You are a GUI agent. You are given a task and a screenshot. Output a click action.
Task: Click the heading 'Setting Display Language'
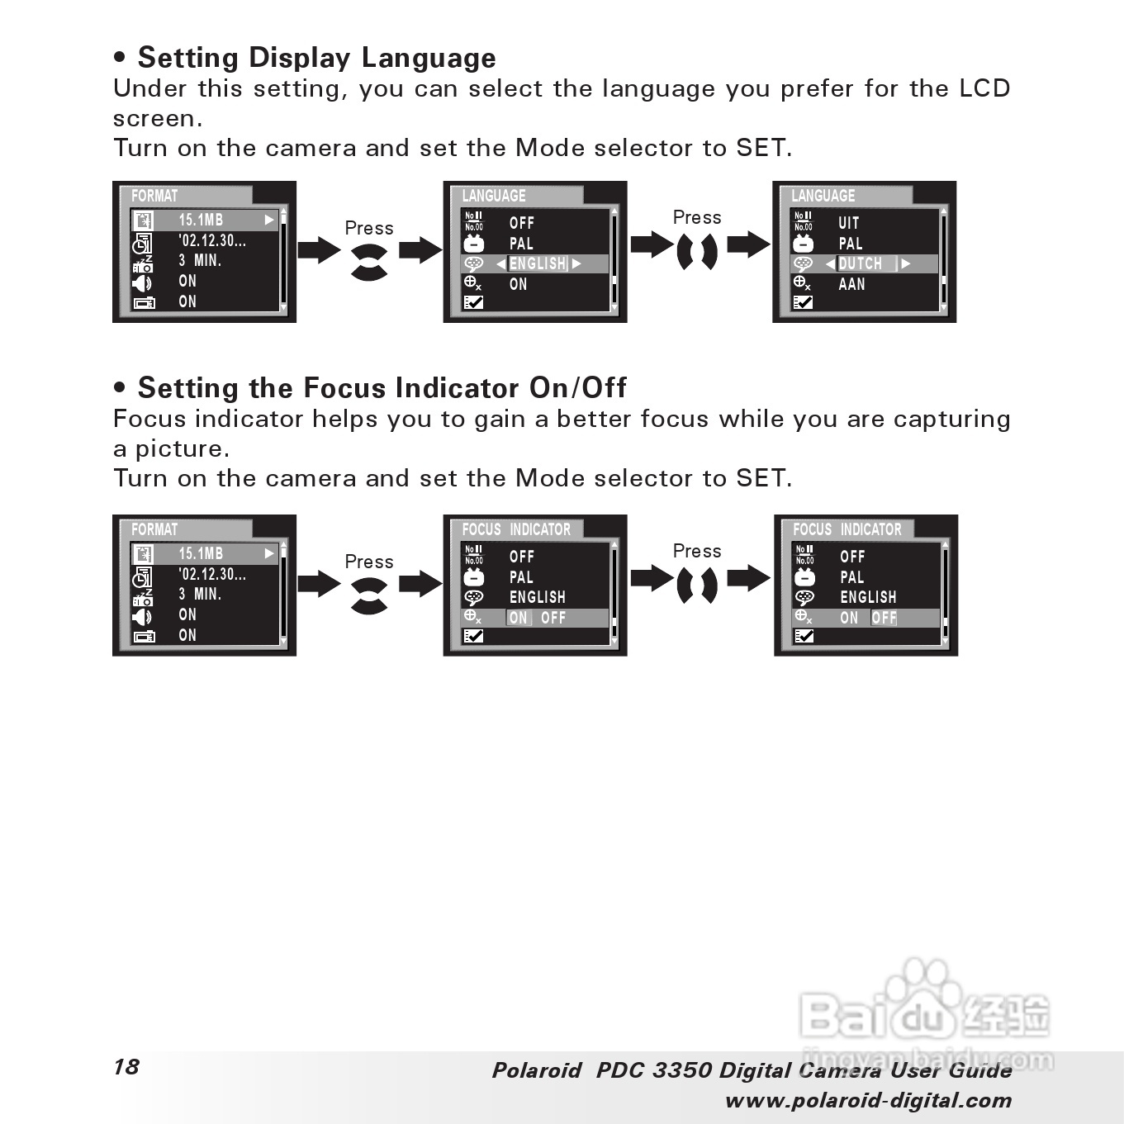click(316, 58)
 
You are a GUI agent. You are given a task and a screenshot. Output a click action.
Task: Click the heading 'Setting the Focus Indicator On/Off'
click(382, 388)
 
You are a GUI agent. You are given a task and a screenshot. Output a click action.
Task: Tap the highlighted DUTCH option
click(861, 263)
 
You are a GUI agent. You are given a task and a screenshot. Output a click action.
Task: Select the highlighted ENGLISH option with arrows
click(538, 263)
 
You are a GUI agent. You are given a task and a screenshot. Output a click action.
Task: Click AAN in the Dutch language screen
click(851, 284)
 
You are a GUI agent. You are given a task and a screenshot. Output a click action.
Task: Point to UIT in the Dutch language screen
click(849, 223)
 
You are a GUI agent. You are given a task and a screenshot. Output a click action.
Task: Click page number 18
click(126, 1066)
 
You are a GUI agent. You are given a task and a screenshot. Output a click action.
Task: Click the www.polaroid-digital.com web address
click(868, 1100)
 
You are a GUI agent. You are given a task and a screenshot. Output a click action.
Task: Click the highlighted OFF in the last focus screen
click(884, 618)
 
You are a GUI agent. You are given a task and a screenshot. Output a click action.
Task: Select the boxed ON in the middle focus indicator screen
click(518, 618)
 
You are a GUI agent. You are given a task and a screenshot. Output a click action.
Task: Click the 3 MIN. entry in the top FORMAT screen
click(200, 260)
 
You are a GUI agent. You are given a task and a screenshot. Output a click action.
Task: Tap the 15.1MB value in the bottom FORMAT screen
click(201, 553)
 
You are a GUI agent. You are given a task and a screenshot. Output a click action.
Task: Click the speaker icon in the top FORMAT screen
click(142, 283)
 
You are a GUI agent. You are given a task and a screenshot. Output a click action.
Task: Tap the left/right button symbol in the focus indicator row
click(696, 586)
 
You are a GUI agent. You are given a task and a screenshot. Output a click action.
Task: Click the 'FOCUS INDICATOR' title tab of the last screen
click(847, 529)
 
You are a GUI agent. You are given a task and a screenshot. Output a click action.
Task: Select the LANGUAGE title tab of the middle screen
click(494, 196)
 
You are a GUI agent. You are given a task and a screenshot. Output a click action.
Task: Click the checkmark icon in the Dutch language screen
click(802, 302)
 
